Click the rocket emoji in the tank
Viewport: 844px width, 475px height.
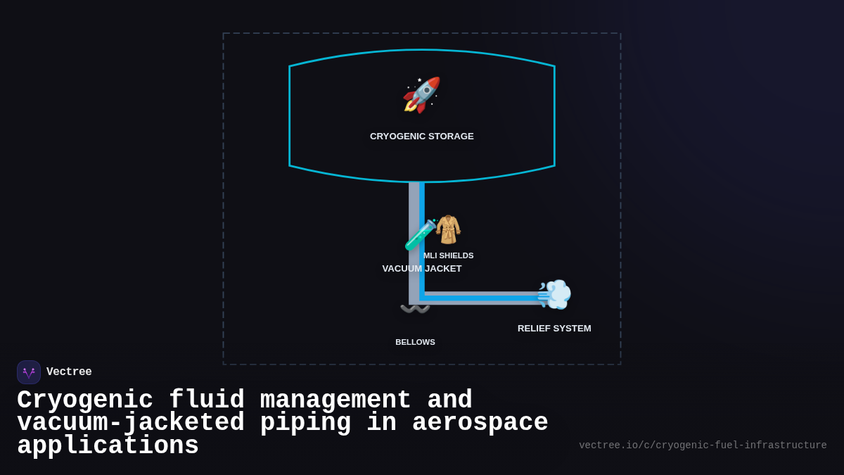421,95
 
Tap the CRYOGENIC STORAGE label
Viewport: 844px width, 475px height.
422,137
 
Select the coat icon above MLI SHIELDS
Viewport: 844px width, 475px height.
448,229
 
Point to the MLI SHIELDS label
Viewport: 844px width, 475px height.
449,255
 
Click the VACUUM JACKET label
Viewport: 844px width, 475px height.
422,269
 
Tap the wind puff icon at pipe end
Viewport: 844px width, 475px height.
554,294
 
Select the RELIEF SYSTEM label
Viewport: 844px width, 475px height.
554,329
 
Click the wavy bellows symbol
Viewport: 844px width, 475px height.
415,309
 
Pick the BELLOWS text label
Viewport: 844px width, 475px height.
415,342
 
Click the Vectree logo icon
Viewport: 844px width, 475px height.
29,372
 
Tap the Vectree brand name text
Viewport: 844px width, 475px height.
69,372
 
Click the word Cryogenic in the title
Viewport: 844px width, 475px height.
85,400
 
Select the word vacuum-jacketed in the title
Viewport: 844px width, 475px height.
131,423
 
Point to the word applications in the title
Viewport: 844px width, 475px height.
108,446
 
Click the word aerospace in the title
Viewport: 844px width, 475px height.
480,423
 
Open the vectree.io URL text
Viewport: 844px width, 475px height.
703,445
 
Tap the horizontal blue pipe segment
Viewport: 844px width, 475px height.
485,298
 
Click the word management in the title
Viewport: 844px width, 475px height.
335,400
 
